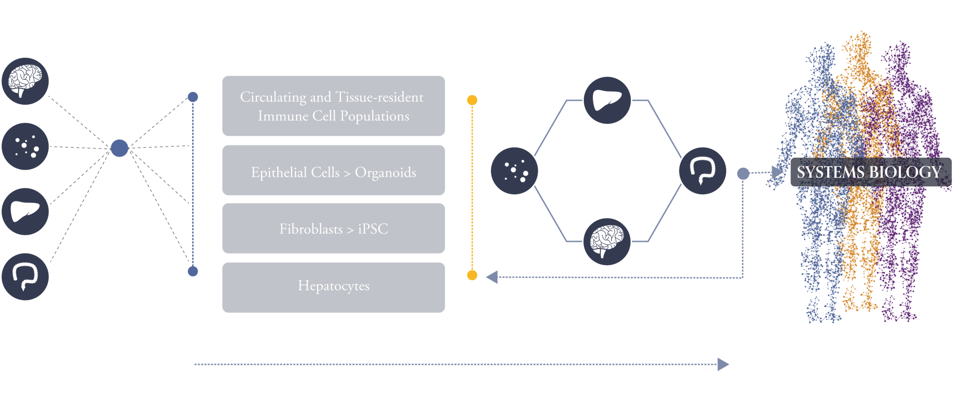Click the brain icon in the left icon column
click(25, 81)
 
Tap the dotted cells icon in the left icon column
click(25, 146)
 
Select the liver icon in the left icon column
click(25, 212)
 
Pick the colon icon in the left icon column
click(25, 277)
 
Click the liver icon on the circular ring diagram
click(607, 100)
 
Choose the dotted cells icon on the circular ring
click(514, 170)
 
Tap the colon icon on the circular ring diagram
click(702, 170)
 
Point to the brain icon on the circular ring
click(607, 242)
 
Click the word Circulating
click(273, 97)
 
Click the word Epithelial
click(276, 173)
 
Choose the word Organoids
click(385, 173)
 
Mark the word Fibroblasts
click(311, 229)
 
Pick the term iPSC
click(373, 229)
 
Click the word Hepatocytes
click(333, 286)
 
